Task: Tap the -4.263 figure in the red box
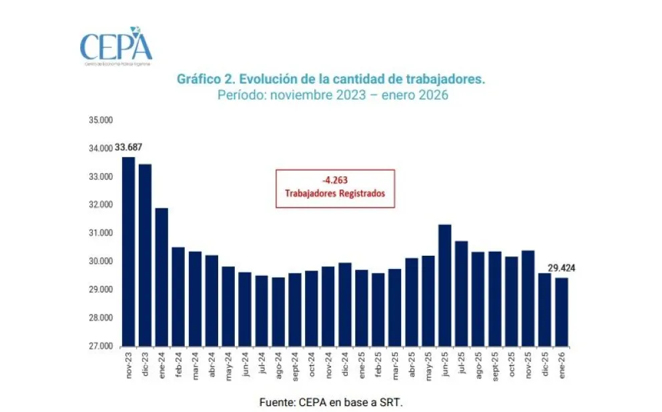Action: pyautogui.click(x=335, y=180)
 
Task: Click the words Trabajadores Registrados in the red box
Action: pyautogui.click(x=335, y=194)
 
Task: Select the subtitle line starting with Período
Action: pyautogui.click(x=332, y=95)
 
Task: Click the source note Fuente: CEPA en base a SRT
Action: pyautogui.click(x=331, y=403)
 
